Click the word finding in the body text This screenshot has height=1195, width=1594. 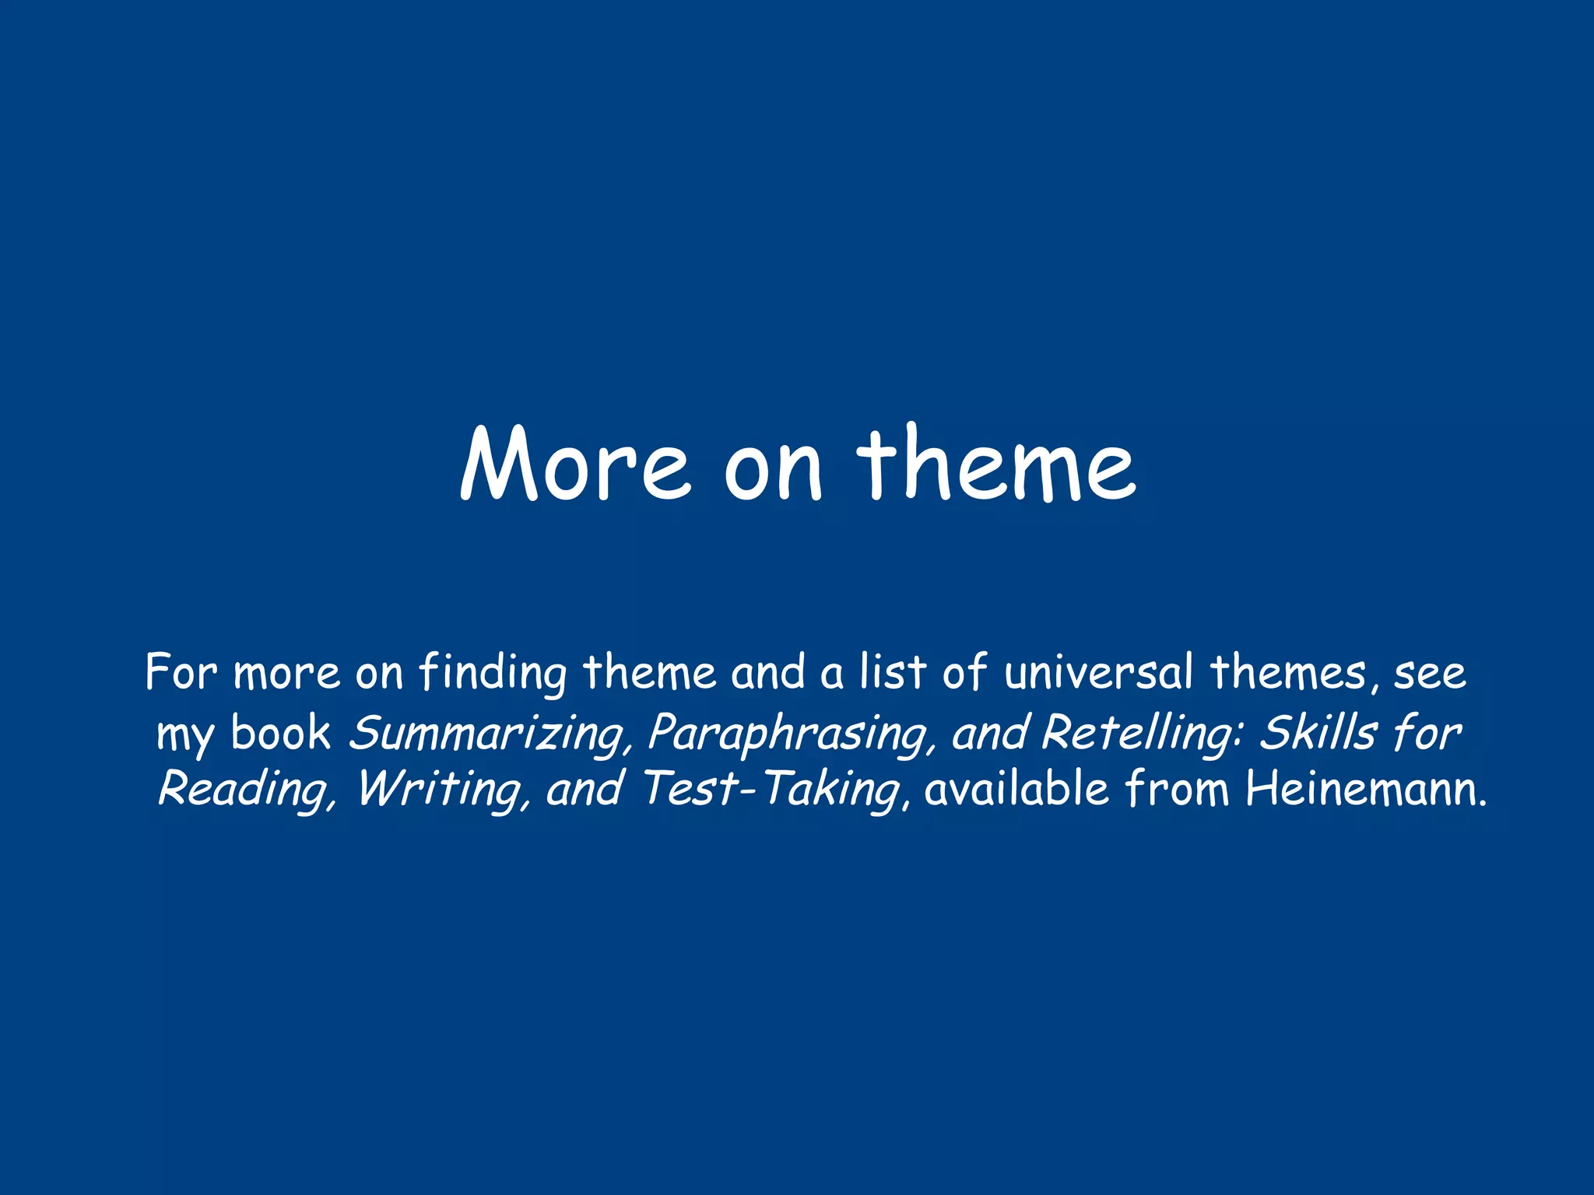493,673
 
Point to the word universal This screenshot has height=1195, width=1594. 1098,672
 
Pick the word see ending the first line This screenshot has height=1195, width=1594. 1430,674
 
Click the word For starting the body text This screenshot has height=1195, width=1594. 181,672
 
